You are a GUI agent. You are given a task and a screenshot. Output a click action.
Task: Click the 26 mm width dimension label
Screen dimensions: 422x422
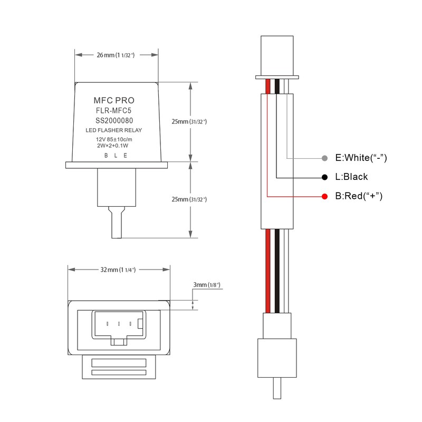117,55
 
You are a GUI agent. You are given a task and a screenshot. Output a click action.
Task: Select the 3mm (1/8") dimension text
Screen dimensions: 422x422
206,285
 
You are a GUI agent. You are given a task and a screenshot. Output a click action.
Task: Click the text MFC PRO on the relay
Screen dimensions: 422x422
113,100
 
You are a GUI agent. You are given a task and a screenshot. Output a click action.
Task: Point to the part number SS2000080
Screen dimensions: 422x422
113,120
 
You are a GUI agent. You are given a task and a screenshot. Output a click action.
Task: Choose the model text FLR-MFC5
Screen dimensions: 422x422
113,111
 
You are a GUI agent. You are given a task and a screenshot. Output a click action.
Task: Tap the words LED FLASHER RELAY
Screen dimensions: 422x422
113,130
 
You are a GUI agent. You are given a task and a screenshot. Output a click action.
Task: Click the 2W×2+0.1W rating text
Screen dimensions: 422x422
113,145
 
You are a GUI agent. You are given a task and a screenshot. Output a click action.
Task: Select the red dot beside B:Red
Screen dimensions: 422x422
325,196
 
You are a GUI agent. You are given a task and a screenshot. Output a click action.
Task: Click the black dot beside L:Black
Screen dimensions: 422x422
325,177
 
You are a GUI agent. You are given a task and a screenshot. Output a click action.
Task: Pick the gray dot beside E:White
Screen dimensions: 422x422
325,158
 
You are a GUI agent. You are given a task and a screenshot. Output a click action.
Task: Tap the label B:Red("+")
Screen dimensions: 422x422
359,196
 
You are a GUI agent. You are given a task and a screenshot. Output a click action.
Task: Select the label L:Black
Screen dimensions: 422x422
352,177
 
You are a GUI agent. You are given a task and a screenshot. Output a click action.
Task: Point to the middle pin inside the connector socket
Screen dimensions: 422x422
119,323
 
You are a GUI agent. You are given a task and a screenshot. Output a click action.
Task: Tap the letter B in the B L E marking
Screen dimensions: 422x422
106,155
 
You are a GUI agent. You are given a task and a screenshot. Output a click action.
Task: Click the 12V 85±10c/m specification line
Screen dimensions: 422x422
113,139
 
